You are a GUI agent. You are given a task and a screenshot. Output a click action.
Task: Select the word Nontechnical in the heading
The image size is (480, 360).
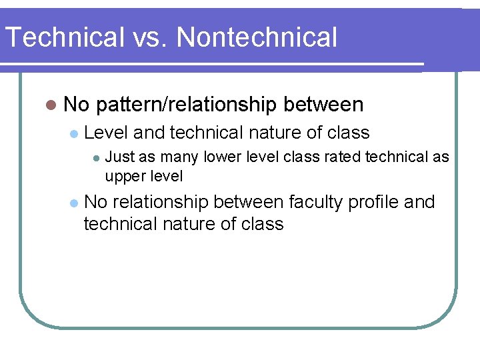click(x=257, y=37)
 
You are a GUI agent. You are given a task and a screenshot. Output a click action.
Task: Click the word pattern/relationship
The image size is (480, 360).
click(x=186, y=105)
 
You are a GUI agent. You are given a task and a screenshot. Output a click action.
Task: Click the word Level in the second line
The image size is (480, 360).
click(x=107, y=133)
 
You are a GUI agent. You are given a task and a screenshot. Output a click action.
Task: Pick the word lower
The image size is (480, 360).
click(x=221, y=157)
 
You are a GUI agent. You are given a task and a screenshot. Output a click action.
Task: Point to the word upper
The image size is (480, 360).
click(x=125, y=177)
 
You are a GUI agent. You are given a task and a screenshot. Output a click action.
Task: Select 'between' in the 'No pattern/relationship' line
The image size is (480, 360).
click(x=323, y=105)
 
